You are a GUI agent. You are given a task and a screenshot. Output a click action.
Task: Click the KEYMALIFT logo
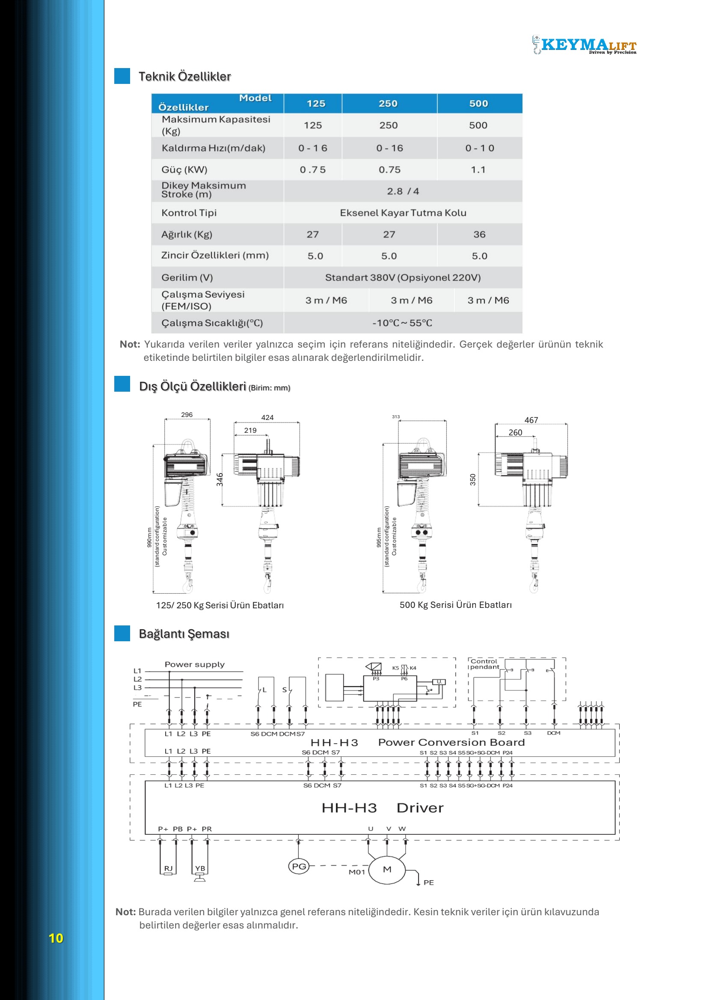[585, 45]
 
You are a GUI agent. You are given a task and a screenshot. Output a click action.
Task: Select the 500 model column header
[478, 104]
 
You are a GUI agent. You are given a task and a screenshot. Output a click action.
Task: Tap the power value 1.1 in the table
[478, 170]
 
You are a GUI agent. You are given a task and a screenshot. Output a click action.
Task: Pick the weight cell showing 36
[479, 234]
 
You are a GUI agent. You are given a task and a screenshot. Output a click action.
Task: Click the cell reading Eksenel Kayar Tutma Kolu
[403, 213]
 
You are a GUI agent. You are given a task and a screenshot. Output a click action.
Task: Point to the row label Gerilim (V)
[187, 277]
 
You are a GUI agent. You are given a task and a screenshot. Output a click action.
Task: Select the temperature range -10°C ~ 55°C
[402, 323]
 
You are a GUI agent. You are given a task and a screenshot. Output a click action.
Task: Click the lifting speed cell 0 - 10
[479, 148]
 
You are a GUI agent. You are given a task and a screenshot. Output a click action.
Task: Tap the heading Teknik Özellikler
[184, 77]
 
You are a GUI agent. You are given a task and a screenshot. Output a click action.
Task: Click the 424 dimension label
[267, 417]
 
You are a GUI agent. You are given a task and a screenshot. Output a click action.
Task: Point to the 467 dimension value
[531, 420]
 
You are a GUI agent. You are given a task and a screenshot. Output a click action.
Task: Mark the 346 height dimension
[220, 479]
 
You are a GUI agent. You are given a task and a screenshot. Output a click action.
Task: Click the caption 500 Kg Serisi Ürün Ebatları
[455, 604]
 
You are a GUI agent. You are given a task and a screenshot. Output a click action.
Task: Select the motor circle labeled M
[387, 869]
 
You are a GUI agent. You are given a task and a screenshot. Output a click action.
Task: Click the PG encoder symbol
[299, 866]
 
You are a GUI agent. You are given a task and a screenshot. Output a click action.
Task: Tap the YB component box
[200, 869]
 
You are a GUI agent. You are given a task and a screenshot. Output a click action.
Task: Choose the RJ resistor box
[168, 869]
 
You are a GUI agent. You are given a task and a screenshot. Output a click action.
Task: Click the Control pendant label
[484, 664]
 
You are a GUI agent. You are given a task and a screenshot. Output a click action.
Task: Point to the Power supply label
[195, 664]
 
